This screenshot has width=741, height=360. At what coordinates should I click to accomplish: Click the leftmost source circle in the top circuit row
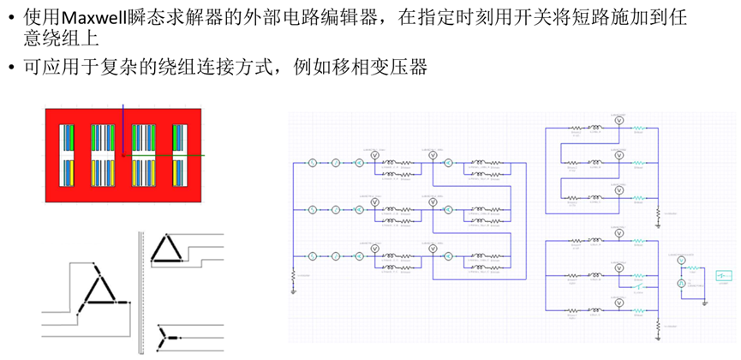click(314, 161)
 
